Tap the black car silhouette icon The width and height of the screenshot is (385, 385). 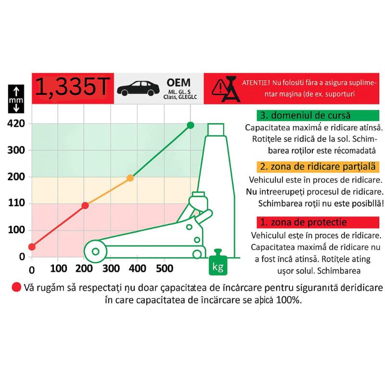point(138,89)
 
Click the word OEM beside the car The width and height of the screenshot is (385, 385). point(179,83)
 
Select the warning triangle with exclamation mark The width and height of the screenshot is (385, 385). point(220,88)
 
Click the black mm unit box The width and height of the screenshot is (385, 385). point(16,99)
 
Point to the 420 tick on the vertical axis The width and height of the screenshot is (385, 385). point(16,124)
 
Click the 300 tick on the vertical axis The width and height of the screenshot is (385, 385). point(16,150)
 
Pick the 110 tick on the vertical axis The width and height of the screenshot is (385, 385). point(17,203)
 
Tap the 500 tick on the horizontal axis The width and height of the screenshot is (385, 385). point(165,269)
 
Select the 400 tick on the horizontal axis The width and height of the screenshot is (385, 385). point(138,269)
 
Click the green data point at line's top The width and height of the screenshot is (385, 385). point(191,125)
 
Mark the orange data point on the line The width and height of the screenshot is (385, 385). point(130,178)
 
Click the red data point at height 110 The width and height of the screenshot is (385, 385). point(85,205)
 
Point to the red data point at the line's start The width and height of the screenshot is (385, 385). point(32,247)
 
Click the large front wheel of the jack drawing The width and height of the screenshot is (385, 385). point(95,251)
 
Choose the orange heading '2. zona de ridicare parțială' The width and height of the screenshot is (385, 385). point(318,167)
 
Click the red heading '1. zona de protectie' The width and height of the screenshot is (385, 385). point(318,222)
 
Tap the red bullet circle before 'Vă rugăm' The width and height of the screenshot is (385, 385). point(16,287)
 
